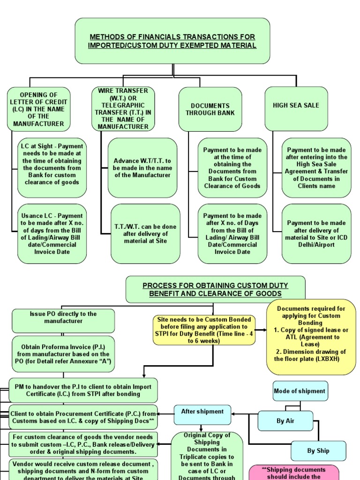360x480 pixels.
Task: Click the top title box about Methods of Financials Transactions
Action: point(172,41)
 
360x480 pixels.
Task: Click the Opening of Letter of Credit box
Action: point(38,109)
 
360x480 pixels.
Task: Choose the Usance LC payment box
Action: point(52,233)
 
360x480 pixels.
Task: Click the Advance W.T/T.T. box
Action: point(142,167)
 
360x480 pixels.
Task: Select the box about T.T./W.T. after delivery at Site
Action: point(145,233)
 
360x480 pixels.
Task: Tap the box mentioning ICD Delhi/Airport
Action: point(316,233)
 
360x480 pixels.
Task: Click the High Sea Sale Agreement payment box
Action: point(316,167)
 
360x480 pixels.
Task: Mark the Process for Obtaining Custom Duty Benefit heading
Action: point(215,289)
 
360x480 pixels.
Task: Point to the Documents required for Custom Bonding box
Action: point(311,337)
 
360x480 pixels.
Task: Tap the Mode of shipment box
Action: point(300,391)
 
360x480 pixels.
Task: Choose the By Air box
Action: point(285,420)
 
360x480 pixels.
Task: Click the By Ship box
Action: point(318,451)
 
